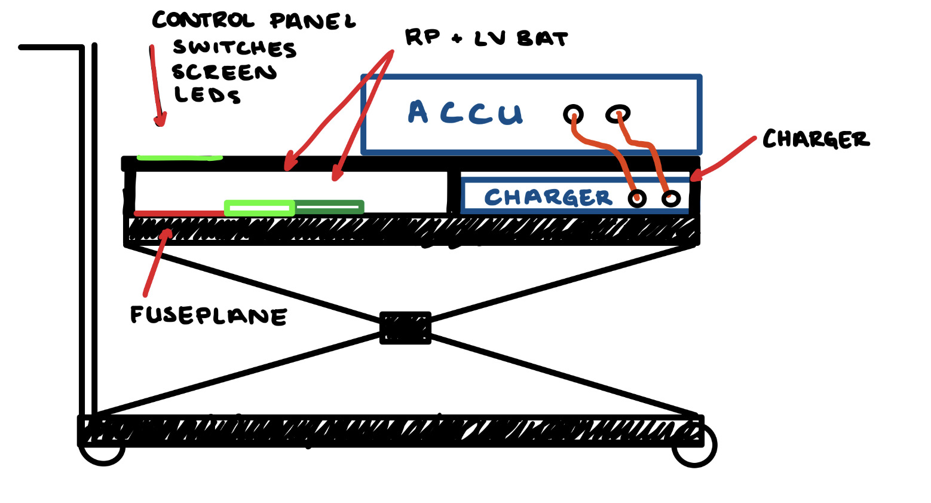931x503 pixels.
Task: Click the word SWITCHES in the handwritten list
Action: click(x=234, y=48)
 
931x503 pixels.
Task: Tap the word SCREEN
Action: click(x=224, y=72)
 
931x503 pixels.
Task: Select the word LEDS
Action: click(x=207, y=94)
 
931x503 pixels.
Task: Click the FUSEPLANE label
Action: click(x=209, y=315)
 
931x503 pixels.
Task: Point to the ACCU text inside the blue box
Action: click(x=465, y=112)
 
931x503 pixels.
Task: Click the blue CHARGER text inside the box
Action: click(x=548, y=197)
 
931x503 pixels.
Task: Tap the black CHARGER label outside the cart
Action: click(x=816, y=139)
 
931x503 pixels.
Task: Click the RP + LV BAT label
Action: click(x=486, y=38)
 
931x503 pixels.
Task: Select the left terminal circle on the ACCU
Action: click(x=573, y=114)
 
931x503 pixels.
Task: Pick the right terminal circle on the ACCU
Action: click(x=618, y=113)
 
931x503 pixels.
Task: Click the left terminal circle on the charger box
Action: click(x=637, y=198)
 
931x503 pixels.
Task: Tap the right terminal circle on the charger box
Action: click(x=671, y=198)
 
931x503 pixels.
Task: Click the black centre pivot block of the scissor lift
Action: click(x=405, y=328)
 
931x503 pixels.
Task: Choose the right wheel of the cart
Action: click(x=694, y=452)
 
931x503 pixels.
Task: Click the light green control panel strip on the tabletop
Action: click(x=179, y=158)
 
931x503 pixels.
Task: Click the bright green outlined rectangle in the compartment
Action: click(x=259, y=208)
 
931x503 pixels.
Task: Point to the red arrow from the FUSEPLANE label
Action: click(x=157, y=263)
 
